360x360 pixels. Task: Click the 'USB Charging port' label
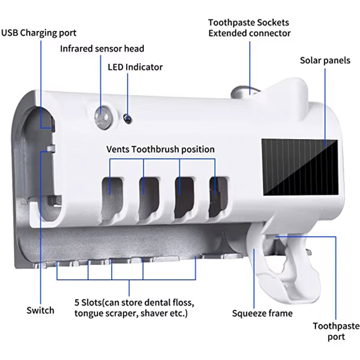tap(39, 33)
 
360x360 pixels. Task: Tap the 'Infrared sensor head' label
tap(102, 48)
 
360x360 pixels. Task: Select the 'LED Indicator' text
tap(135, 67)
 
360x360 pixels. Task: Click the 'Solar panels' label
tap(325, 60)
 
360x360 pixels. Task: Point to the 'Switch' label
tap(40, 310)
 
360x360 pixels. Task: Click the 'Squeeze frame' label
tap(262, 313)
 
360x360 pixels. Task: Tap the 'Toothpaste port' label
tap(336, 331)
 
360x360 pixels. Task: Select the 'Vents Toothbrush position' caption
tap(160, 149)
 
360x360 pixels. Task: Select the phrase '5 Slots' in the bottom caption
tap(90, 301)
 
